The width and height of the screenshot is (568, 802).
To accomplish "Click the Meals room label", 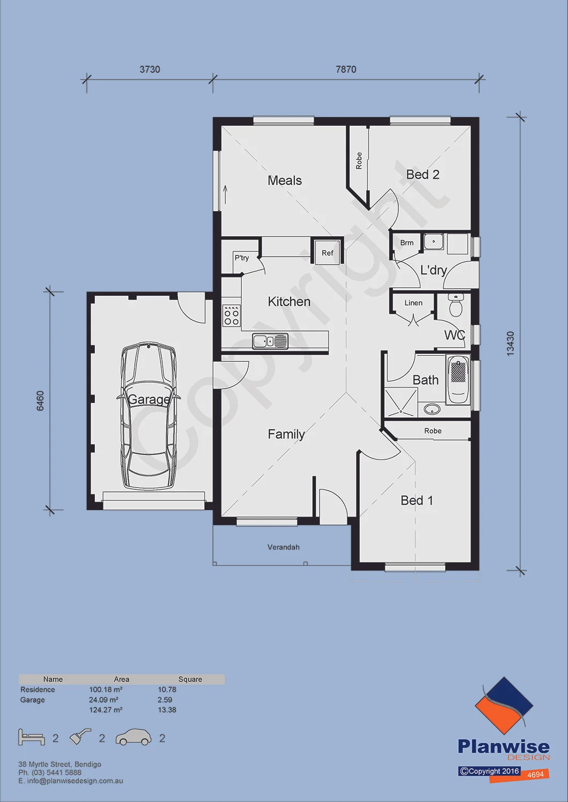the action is [x=285, y=181].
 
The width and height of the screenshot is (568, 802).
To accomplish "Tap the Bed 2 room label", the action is [x=422, y=175].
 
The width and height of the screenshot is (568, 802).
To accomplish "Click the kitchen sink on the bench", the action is [x=270, y=341].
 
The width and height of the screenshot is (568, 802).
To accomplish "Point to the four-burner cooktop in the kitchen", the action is [x=231, y=315].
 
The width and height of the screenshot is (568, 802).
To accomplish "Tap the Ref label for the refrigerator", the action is [x=328, y=253].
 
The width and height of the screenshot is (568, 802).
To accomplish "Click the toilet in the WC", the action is [x=456, y=305].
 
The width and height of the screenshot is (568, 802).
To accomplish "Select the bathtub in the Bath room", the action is [x=458, y=381].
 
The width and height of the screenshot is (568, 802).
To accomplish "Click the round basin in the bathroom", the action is [x=431, y=409].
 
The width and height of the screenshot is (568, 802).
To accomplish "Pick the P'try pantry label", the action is [x=241, y=258].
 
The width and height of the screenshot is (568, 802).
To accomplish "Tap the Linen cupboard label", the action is [x=413, y=303].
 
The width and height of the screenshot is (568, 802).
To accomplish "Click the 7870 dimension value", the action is [x=346, y=70].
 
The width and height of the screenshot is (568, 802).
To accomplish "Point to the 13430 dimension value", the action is [x=511, y=344].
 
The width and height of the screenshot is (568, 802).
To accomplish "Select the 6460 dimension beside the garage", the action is [x=40, y=400].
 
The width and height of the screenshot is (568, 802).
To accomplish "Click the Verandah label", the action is [x=283, y=547].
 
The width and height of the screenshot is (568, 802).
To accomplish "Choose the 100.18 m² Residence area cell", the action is [x=106, y=690].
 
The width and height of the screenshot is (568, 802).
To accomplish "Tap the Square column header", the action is [x=190, y=679].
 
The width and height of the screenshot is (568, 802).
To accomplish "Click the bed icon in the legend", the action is [x=32, y=737].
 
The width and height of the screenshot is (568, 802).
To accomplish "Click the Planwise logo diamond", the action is [x=504, y=705].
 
